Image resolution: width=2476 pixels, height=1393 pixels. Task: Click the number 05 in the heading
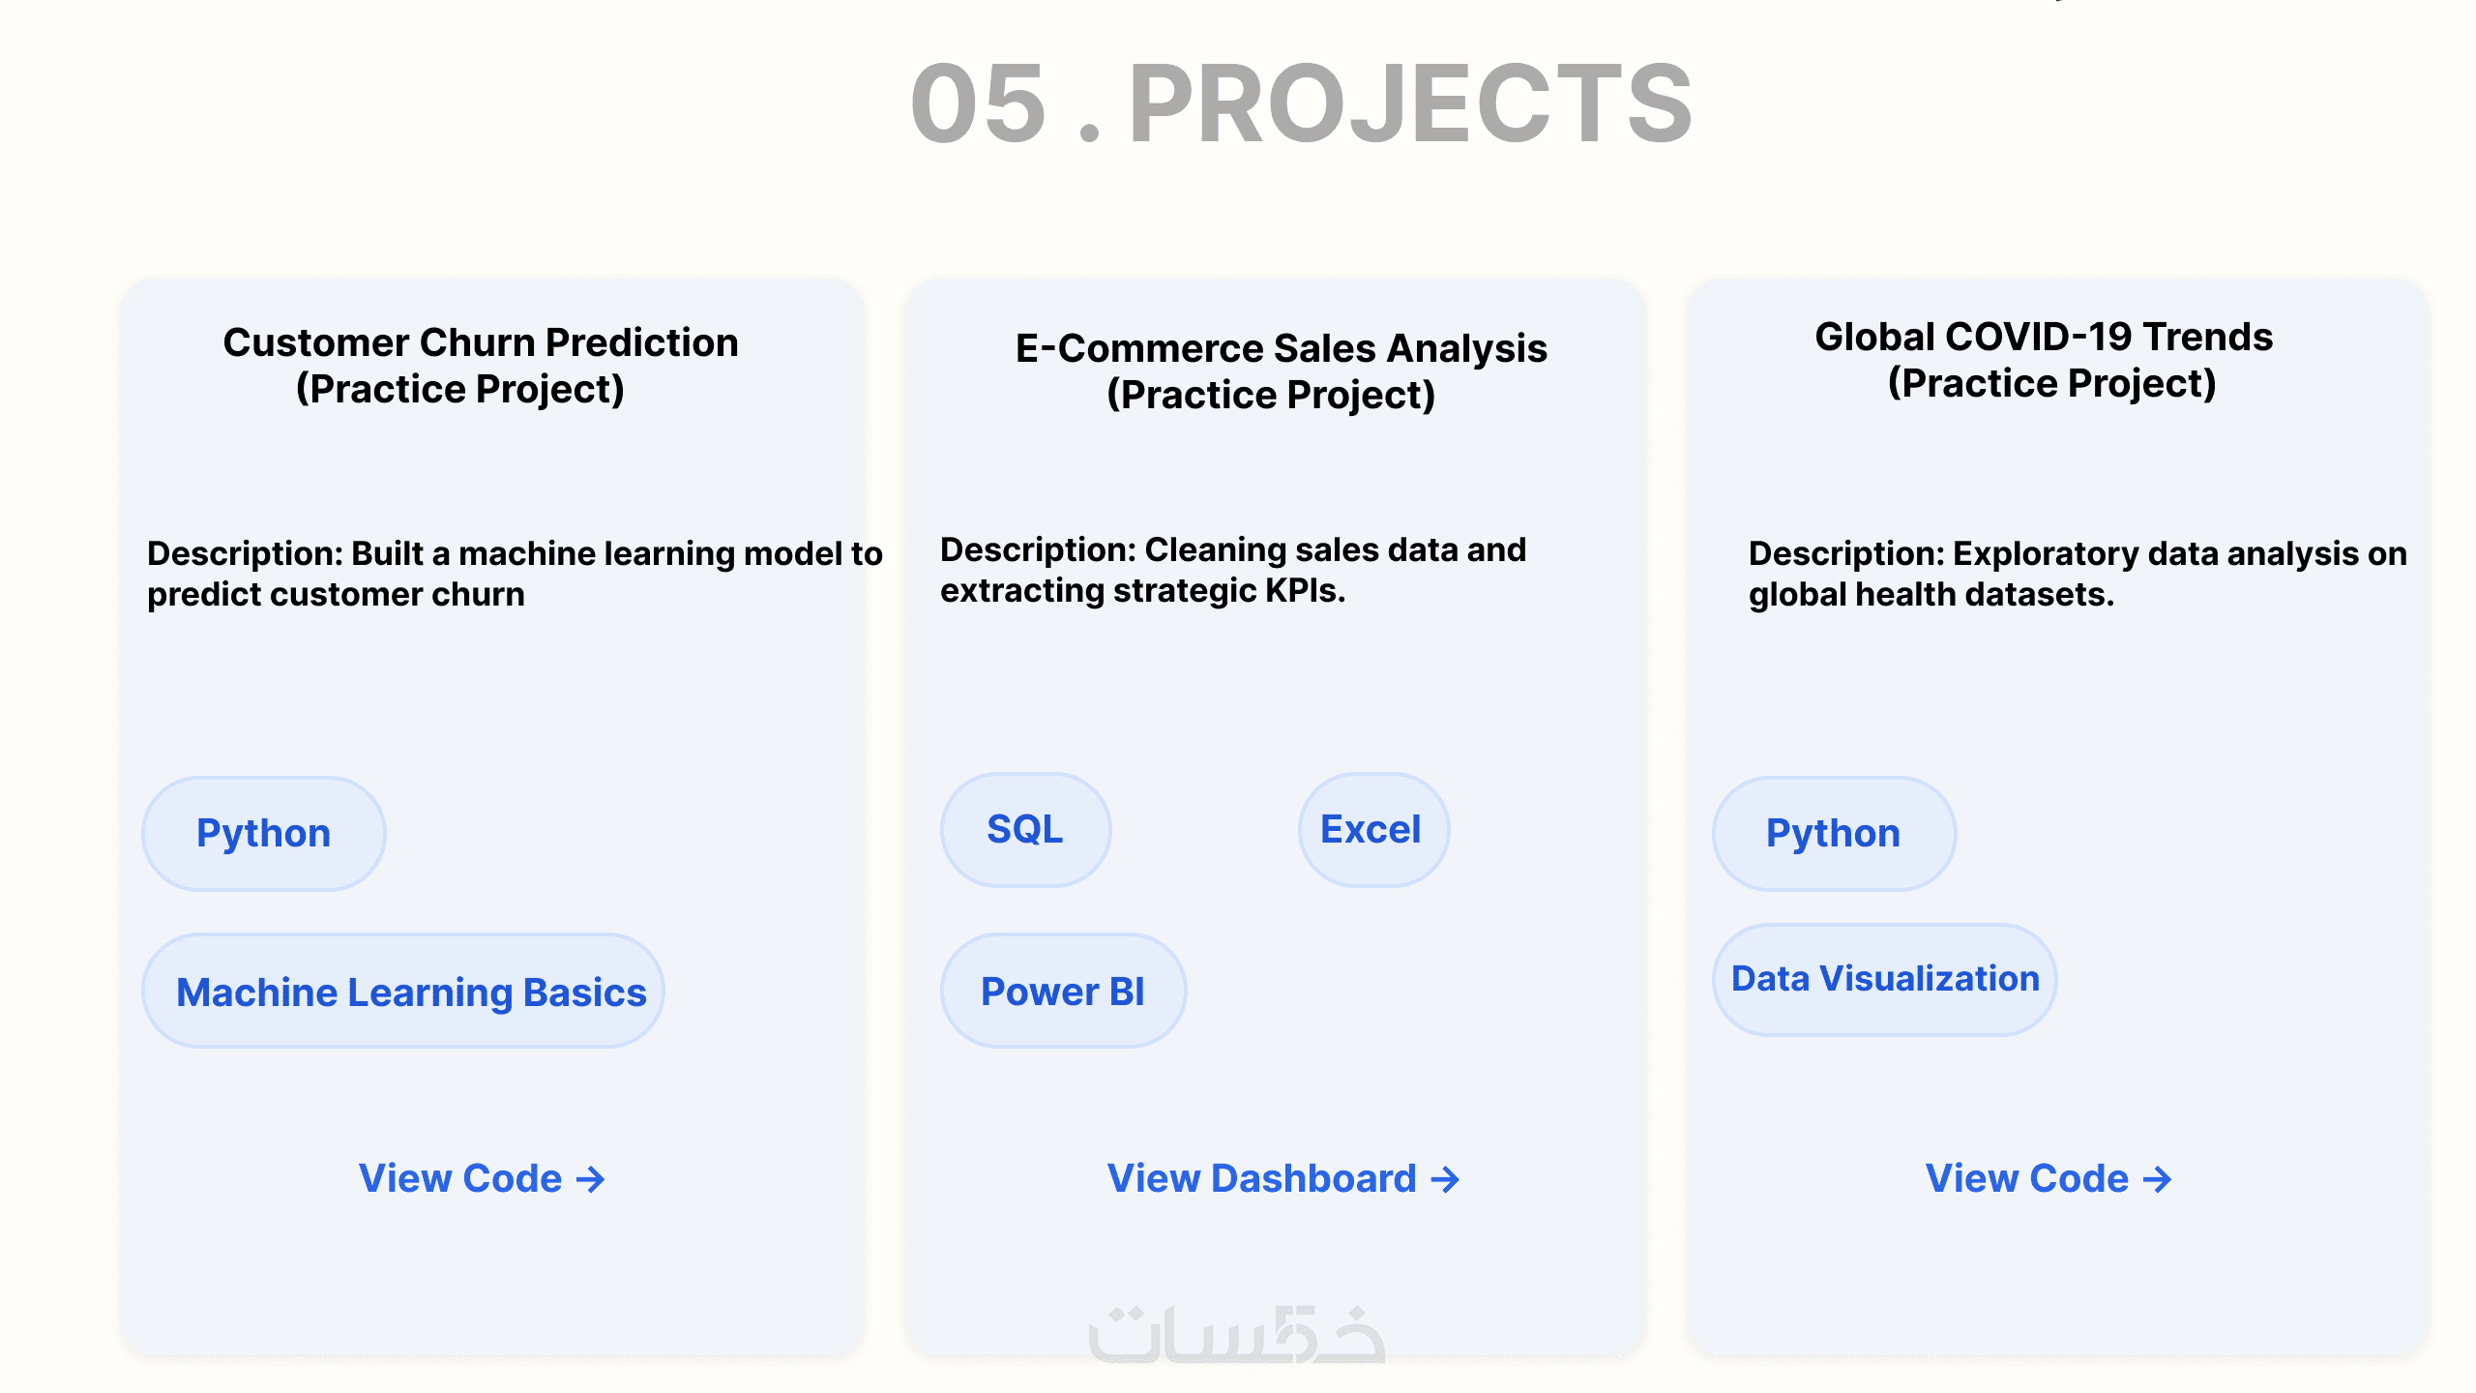click(x=979, y=104)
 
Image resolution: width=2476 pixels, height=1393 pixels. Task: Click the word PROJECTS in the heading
click(x=1411, y=104)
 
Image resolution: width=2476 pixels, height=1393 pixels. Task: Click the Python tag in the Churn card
click(x=264, y=833)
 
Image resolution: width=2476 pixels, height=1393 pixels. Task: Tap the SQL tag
click(x=1025, y=829)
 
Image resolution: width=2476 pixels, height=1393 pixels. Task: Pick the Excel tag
click(x=1373, y=829)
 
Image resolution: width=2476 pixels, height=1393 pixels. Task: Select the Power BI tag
click(x=1063, y=991)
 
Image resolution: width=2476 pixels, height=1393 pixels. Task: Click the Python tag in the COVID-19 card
click(x=1834, y=833)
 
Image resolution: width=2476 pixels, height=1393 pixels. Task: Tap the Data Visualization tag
click(x=1885, y=979)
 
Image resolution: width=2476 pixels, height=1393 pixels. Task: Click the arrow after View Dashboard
click(x=1445, y=1179)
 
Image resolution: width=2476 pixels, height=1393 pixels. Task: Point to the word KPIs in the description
click(x=1305, y=590)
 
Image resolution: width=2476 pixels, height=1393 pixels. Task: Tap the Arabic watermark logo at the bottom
click(x=1237, y=1334)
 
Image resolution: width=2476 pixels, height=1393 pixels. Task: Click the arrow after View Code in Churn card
click(x=590, y=1179)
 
